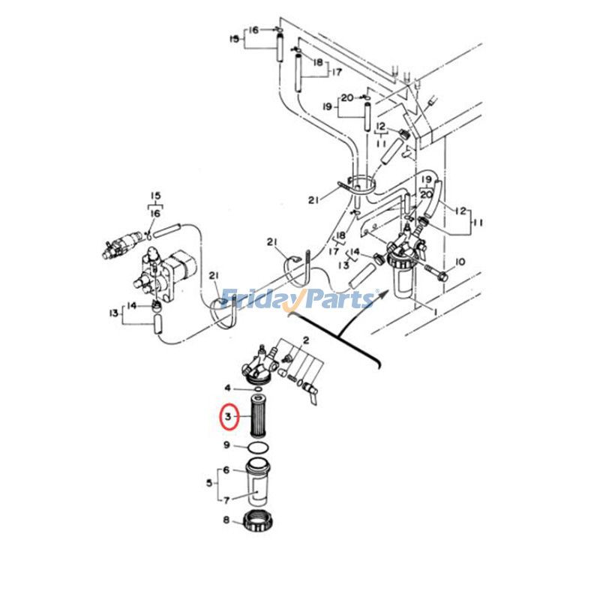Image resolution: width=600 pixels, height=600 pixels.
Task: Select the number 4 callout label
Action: [x=228, y=388]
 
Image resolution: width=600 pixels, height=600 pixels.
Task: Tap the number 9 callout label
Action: [x=226, y=445]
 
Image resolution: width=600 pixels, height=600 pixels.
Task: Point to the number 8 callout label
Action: [x=226, y=520]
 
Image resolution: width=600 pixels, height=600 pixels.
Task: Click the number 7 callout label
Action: [x=226, y=498]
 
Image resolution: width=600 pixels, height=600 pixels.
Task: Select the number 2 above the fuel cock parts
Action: [x=306, y=340]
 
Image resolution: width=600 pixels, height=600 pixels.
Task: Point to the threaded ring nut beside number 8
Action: [x=257, y=521]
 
